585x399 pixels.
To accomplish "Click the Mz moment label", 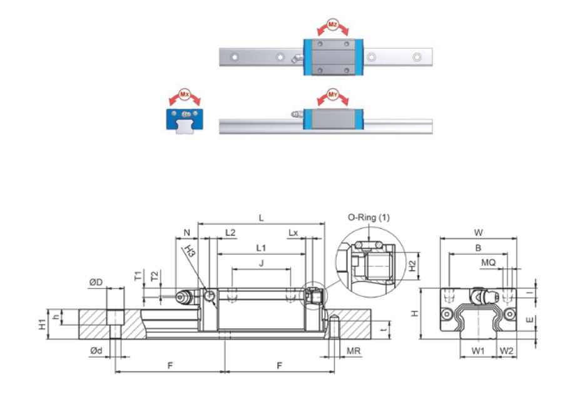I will tap(333, 23).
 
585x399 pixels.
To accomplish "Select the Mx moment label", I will tap(184, 95).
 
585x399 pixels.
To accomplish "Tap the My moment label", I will tap(333, 95).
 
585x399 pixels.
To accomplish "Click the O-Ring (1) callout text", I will tap(368, 218).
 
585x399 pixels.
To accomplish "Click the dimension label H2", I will tap(412, 265).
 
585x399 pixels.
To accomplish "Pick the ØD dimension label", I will tap(96, 283).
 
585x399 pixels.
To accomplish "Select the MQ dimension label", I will tap(489, 263).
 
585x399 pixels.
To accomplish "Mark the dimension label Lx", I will tap(293, 233).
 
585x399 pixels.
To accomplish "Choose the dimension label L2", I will tap(230, 233).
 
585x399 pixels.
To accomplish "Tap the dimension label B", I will tap(478, 248).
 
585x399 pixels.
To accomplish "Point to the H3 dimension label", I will tap(190, 251).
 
